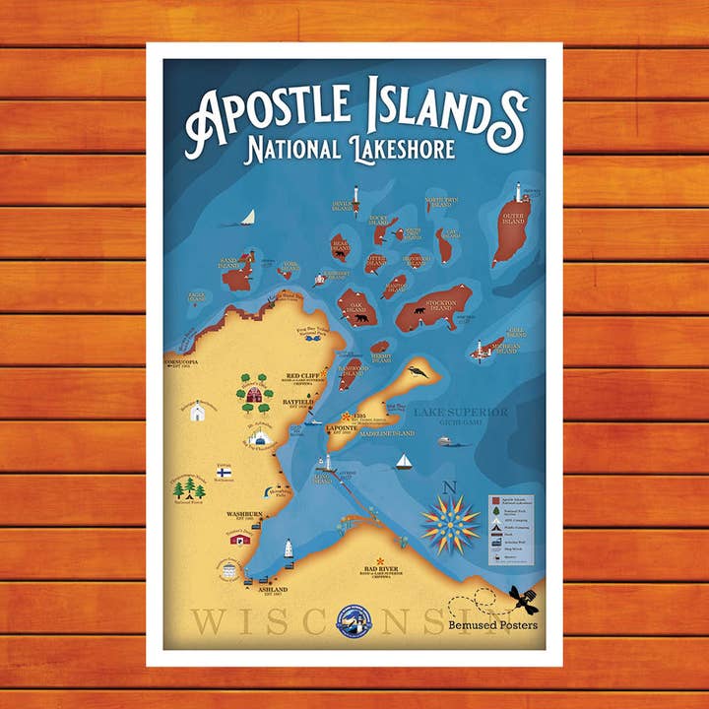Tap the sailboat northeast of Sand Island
pos(249,217)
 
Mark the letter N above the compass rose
pos(451,485)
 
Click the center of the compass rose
pos(451,524)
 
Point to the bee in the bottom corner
pos(523,598)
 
